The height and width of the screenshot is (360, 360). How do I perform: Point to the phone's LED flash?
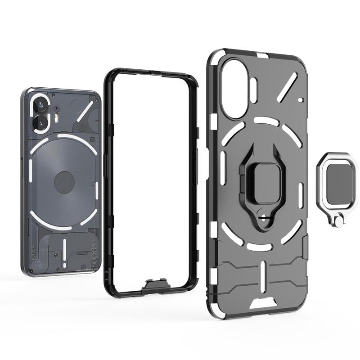(x=57, y=117)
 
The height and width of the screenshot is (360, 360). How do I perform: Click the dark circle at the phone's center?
(x=64, y=182)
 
